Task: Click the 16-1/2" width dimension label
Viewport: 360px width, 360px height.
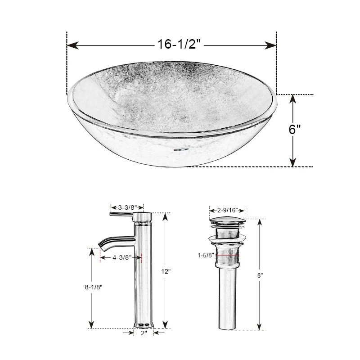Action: point(179,44)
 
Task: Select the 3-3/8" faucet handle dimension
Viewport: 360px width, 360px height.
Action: point(127,207)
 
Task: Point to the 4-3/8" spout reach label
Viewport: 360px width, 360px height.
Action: point(122,257)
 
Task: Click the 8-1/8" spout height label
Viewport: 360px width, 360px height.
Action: point(94,287)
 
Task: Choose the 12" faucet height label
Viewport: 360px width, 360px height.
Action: point(166,271)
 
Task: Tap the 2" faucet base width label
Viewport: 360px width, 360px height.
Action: point(144,333)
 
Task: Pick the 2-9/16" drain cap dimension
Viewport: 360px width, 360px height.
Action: point(228,210)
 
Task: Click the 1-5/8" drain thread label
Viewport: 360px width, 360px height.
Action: point(206,255)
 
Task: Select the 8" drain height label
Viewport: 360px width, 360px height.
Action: point(260,275)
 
